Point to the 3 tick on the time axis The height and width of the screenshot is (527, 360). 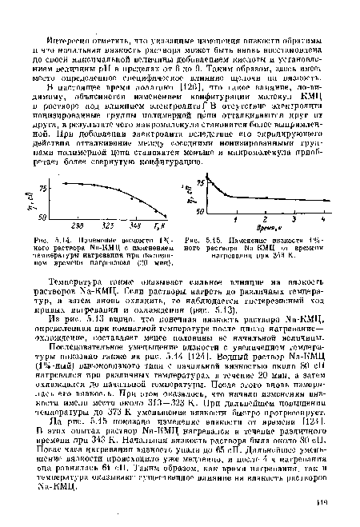[x=297, y=218]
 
